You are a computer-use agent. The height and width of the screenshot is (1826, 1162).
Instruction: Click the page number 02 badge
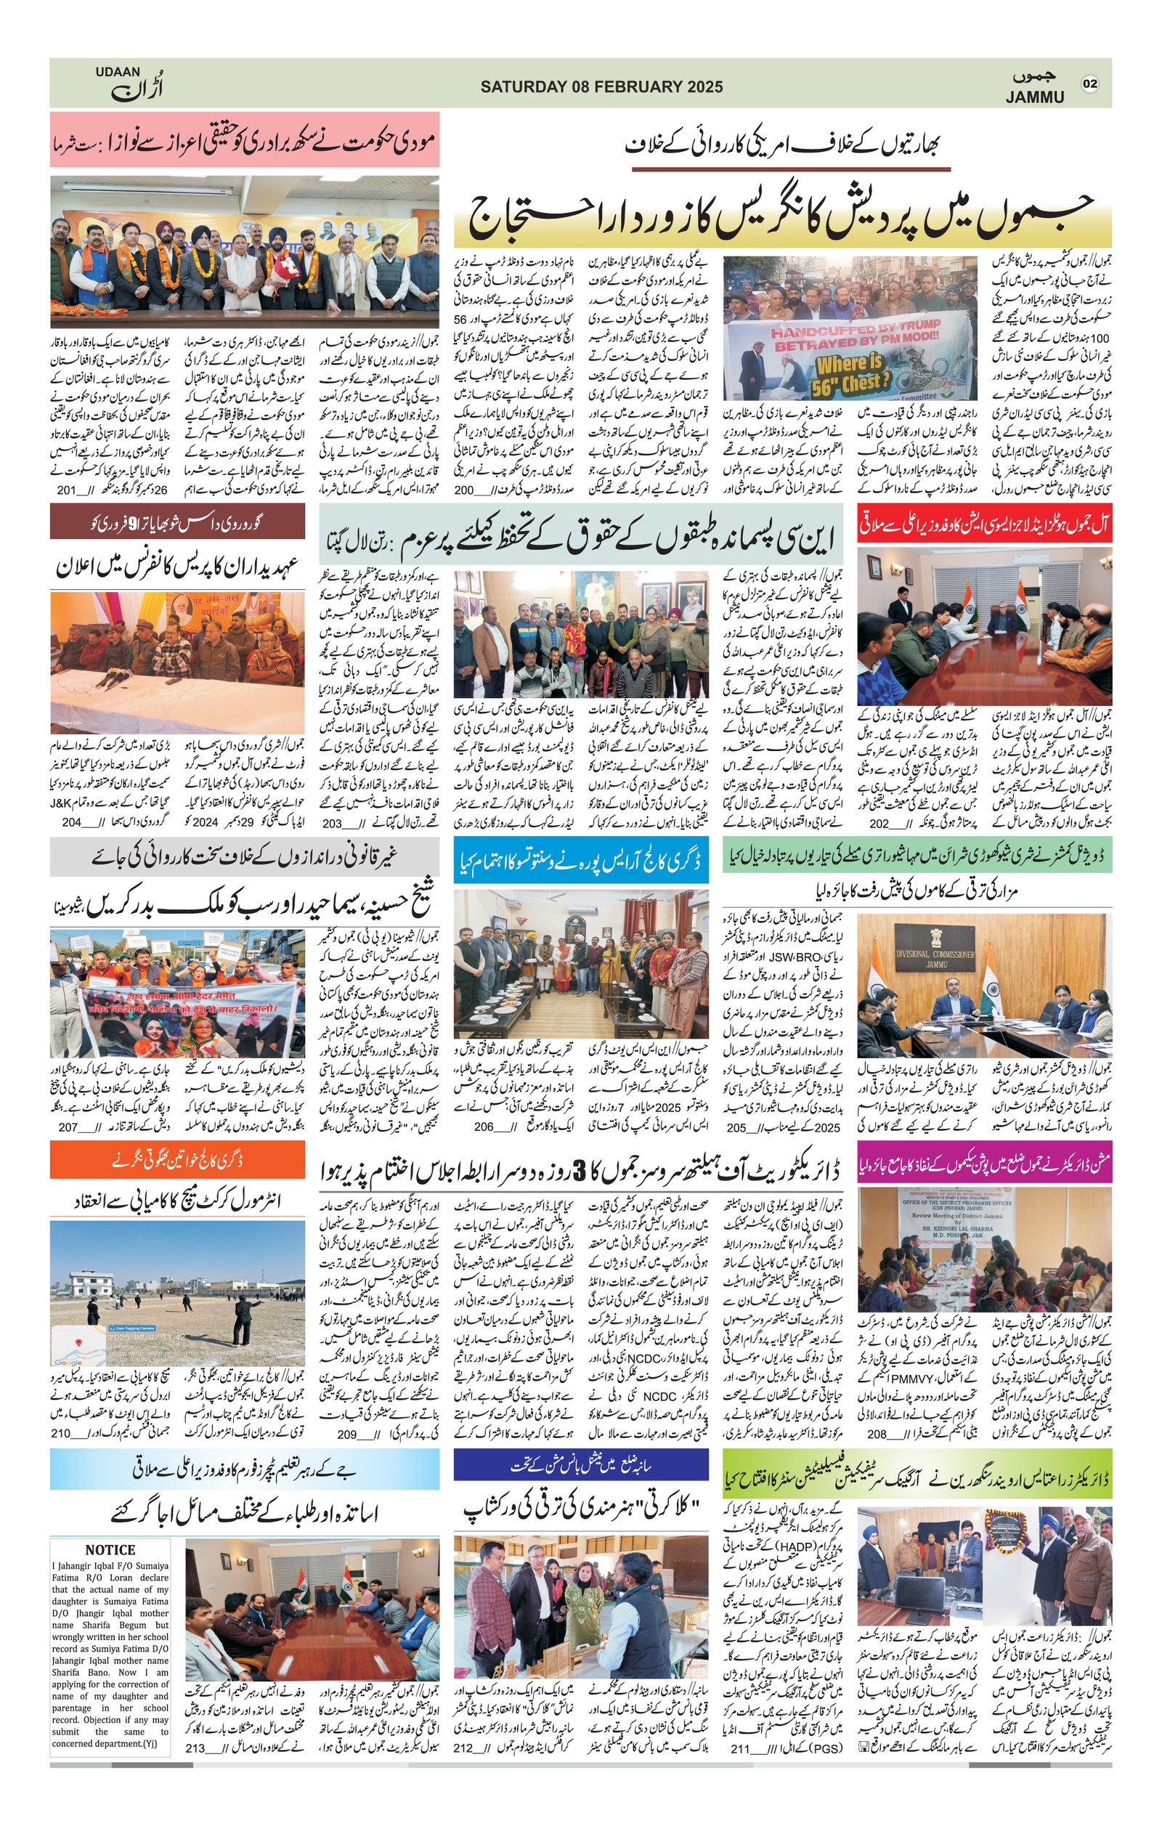[x=1089, y=84]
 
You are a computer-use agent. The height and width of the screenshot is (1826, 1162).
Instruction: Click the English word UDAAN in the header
[x=118, y=72]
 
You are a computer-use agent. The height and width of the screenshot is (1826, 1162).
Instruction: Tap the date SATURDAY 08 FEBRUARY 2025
[x=601, y=86]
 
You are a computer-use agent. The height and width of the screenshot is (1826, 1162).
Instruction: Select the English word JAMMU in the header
[x=1035, y=97]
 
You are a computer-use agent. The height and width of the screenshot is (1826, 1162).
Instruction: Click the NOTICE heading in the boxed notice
[x=110, y=1549]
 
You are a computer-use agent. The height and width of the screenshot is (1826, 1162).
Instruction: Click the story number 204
[x=71, y=823]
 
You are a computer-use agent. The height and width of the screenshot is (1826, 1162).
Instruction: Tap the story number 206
[x=484, y=1127]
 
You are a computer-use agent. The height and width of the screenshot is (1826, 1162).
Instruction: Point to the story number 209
[x=347, y=1433]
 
